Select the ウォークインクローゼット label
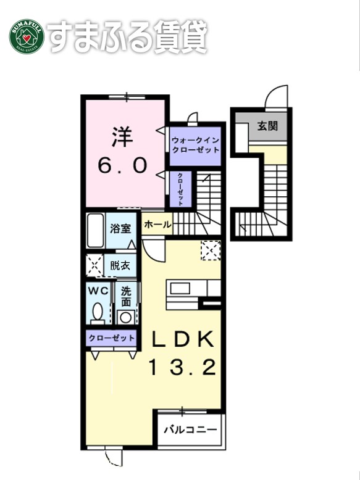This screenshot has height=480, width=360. [196, 145]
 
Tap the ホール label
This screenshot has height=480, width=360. [157, 226]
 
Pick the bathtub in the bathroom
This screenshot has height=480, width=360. [95, 230]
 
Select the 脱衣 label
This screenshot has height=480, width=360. [120, 266]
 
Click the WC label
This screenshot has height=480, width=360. [98, 290]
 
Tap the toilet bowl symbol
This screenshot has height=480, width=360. [98, 312]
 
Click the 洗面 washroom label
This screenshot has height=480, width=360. [126, 297]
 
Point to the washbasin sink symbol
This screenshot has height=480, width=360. [126, 317]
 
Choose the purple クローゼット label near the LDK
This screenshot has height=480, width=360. [112, 338]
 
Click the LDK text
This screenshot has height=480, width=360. [183, 339]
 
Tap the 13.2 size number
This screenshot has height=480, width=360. [182, 368]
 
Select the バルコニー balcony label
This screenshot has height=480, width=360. [190, 429]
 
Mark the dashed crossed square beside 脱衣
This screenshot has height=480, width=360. [94, 266]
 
